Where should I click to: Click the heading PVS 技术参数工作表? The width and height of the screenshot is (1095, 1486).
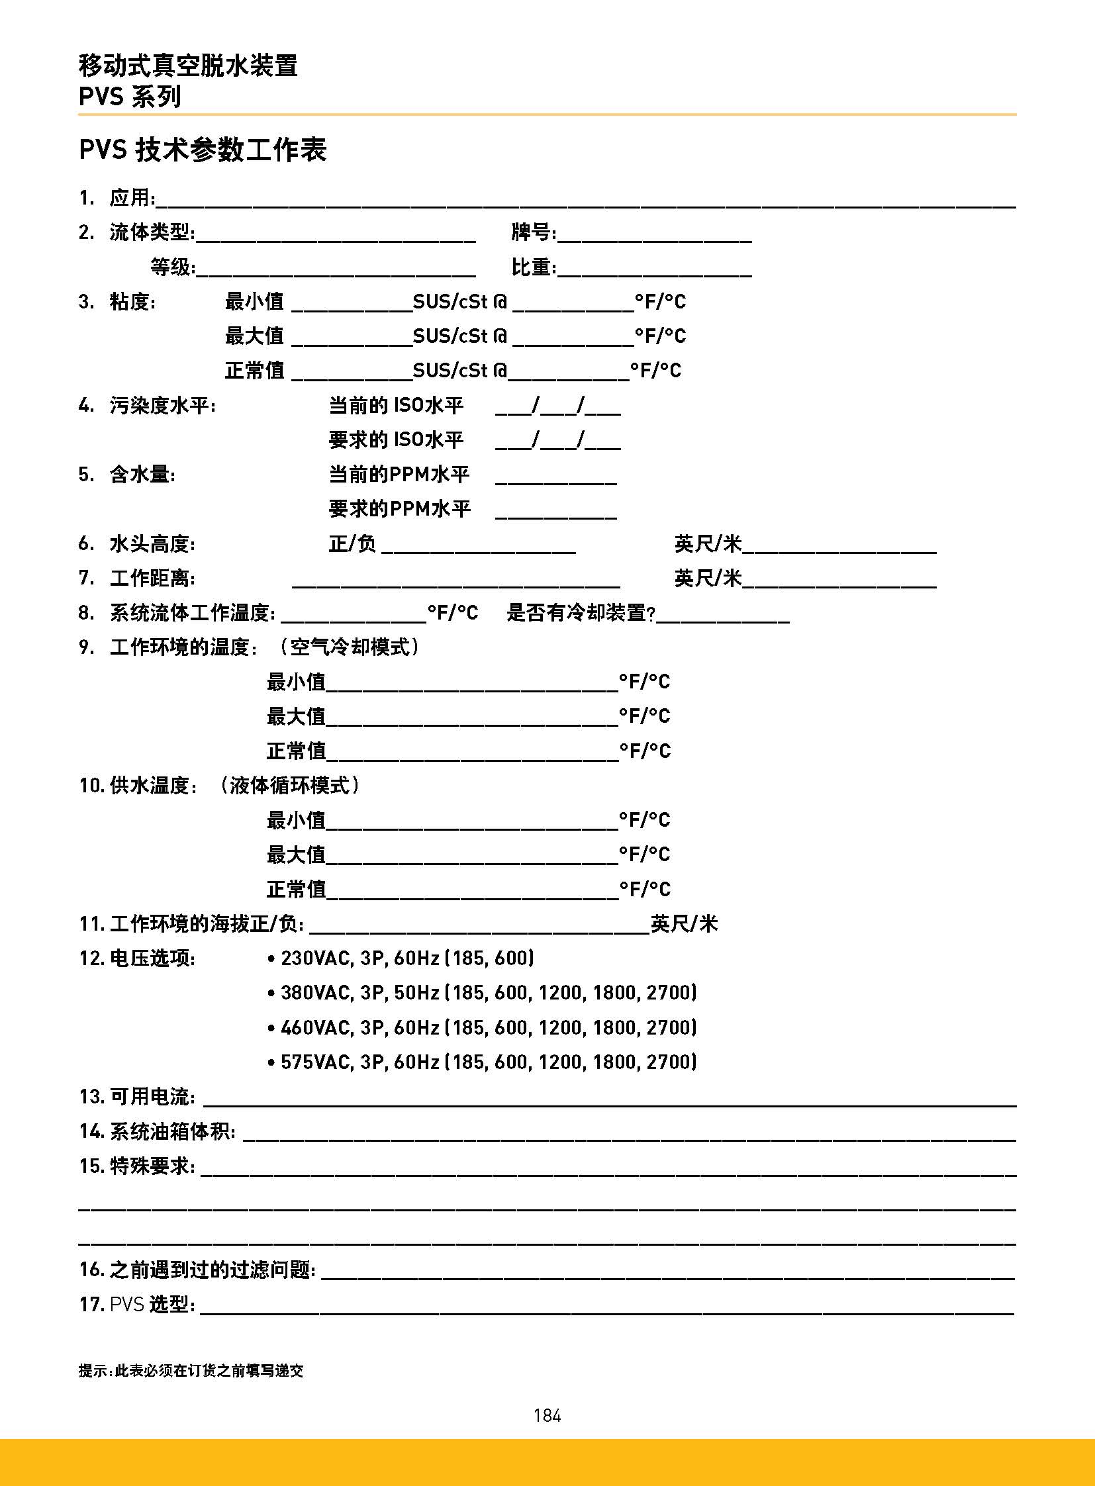pos(202,150)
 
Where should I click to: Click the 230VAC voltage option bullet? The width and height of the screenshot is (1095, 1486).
pos(271,958)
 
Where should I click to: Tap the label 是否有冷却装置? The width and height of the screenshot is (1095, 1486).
pos(581,612)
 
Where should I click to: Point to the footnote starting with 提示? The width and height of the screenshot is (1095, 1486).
pos(191,1371)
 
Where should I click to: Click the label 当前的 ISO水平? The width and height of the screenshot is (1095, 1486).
pos(396,405)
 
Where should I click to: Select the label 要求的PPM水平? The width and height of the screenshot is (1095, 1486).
pos(399,508)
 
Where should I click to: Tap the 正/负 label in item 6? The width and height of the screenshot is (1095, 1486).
pos(352,544)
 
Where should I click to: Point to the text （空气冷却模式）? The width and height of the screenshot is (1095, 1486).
pos(349,647)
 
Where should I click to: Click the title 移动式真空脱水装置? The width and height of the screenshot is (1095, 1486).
pos(188,66)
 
